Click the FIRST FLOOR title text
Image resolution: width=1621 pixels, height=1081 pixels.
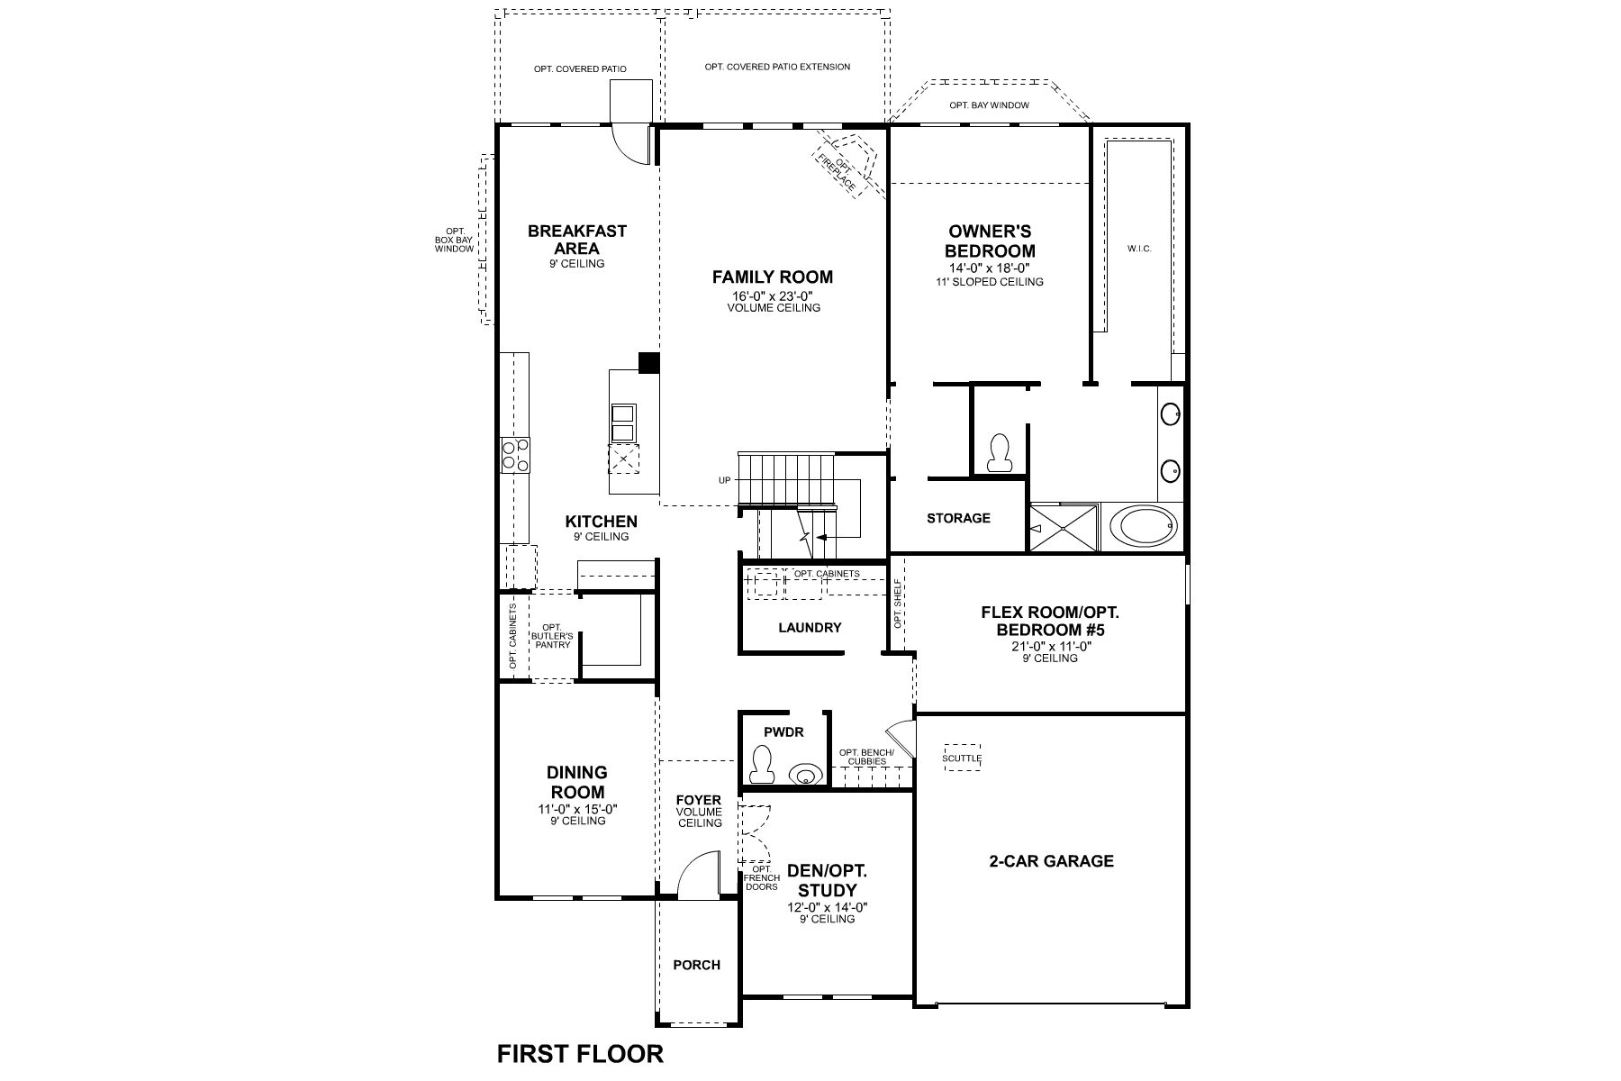click(x=580, y=1053)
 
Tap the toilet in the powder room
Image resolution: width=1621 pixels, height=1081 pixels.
click(x=763, y=765)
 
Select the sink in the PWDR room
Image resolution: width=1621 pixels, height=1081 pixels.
click(x=804, y=774)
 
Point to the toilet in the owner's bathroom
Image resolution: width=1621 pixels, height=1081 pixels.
click(x=999, y=454)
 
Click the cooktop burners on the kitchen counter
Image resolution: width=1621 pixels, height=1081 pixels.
click(x=515, y=455)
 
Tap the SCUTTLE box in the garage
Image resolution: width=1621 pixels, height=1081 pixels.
click(x=962, y=758)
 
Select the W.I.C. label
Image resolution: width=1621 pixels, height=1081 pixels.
click(x=1139, y=249)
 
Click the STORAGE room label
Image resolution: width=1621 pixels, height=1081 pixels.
click(x=958, y=518)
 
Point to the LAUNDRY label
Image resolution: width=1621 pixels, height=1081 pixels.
click(x=810, y=628)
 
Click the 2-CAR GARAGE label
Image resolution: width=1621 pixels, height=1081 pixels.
click(x=1051, y=861)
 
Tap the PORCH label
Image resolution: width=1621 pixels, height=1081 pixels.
click(x=697, y=965)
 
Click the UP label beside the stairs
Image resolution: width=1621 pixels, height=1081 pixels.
click(x=724, y=480)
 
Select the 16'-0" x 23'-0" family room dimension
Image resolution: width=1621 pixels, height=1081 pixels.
click(x=773, y=295)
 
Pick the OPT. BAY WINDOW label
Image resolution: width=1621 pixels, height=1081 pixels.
click(x=989, y=105)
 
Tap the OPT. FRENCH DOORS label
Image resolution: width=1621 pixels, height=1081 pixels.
click(x=761, y=877)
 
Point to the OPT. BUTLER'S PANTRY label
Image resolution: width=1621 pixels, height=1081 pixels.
click(x=551, y=636)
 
